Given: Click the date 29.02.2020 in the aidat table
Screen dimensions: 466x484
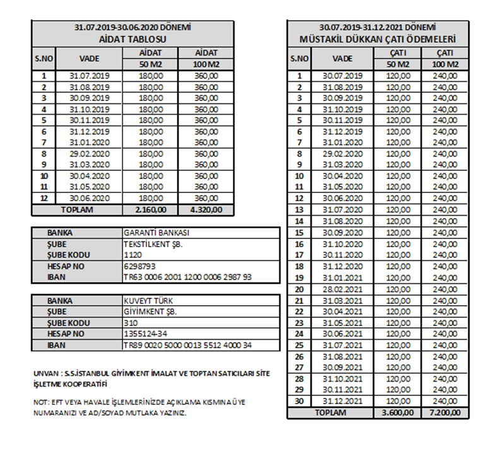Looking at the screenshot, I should pos(90,153).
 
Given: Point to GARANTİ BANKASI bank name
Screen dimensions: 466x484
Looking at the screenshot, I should pos(155,233).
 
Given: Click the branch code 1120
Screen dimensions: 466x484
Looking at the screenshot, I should pos(133,255).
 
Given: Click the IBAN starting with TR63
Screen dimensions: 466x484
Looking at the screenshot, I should pos(187,277).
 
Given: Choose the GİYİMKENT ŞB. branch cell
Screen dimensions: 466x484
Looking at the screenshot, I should pos(150,312).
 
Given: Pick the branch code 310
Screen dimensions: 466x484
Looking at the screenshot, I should pos(131,323).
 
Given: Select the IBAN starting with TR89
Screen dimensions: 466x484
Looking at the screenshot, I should pos(187,346).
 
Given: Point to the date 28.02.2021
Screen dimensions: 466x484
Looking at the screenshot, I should pos(342,289).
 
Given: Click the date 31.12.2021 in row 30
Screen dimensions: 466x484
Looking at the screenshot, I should pos(342,402).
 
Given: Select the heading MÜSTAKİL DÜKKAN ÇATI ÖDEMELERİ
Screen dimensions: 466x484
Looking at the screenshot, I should pos(377,39).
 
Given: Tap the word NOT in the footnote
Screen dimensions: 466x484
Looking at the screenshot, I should pos(39,402).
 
